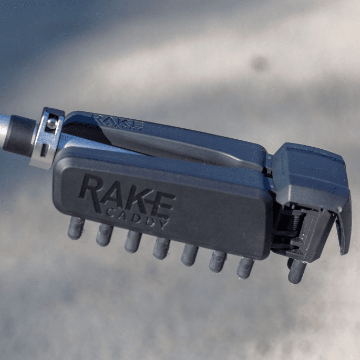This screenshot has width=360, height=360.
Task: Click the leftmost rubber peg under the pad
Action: [76, 227]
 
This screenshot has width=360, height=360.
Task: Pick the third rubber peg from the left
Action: [132, 241]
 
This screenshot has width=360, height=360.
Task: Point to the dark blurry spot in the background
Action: [258, 64]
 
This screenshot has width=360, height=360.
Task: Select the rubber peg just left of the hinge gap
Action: [245, 267]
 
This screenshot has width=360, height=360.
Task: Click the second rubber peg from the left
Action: [104, 234]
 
